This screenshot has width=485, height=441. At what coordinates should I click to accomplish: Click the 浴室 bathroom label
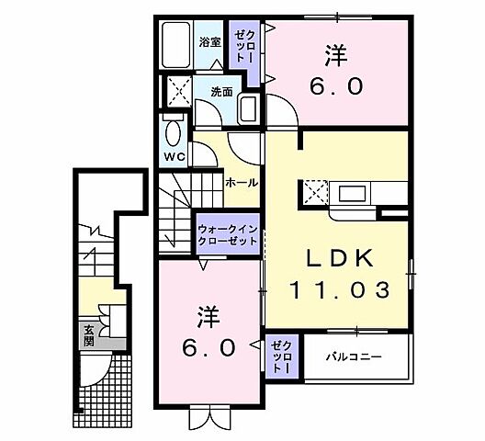pyautogui.click(x=209, y=41)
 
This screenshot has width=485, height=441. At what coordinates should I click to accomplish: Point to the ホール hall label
pyautogui.click(x=241, y=183)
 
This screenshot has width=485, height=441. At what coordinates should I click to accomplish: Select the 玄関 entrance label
pyautogui.click(x=89, y=334)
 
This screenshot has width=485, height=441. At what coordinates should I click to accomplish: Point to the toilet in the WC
pyautogui.click(x=172, y=130)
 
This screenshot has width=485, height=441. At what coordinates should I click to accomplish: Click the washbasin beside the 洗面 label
pyautogui.click(x=248, y=109)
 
